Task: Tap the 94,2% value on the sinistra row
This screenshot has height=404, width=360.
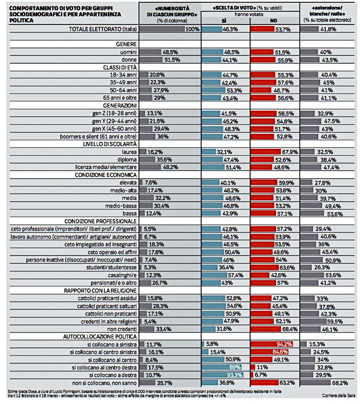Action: coord(285,344)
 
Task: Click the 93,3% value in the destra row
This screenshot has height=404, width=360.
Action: coord(234,375)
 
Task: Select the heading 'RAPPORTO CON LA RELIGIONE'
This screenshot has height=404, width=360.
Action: coord(100,290)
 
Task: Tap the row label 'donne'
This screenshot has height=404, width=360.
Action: coord(128,60)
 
